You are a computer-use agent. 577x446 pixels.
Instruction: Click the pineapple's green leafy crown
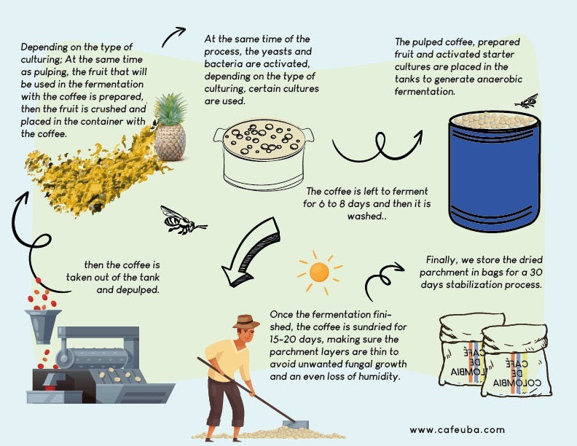pos(170,109)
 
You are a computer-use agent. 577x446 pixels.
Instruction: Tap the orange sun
pos(319,273)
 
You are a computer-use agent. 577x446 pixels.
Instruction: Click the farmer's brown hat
pos(246,322)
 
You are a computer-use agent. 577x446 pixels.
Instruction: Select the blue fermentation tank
pos(494,171)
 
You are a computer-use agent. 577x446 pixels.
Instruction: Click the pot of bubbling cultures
pos(264,154)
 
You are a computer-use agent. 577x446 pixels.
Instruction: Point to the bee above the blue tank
pos(527,101)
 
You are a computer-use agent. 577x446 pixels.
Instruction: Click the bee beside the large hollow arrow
pos(182,220)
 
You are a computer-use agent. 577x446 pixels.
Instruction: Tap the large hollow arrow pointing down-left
pos(251,252)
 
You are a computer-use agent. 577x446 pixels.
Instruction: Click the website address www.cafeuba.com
pos(457,430)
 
